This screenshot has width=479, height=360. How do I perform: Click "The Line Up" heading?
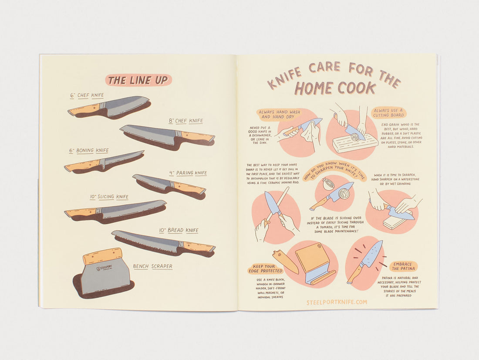coord(138,80)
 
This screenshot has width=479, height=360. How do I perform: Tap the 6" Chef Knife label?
coord(87,95)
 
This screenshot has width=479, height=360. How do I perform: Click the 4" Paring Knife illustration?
coord(169,185)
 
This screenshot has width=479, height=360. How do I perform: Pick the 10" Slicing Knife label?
coord(109,197)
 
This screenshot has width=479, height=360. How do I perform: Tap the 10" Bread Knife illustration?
coord(163,242)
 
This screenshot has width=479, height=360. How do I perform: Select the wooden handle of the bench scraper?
coord(102,256)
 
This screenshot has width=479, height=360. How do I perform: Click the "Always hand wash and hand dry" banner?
coord(279,115)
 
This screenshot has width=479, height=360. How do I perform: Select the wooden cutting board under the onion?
coord(355,143)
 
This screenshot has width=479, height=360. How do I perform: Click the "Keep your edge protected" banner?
coord(266,268)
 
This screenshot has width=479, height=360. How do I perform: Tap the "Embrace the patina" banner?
coord(403,266)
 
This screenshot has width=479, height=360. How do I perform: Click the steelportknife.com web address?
coord(336,302)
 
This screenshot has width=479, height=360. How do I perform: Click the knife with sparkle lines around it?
coord(366,260)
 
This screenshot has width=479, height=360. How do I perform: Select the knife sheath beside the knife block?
coord(285,262)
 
